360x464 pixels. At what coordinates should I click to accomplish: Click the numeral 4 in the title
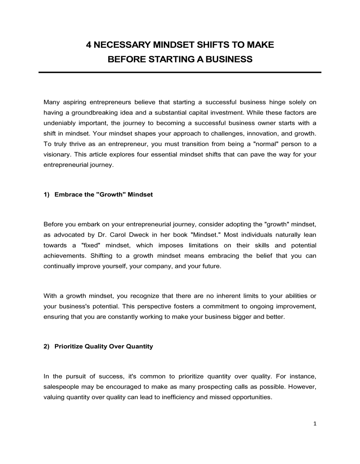point(89,45)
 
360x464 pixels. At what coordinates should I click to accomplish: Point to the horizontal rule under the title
point(180,73)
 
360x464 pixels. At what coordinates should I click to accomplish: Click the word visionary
point(56,155)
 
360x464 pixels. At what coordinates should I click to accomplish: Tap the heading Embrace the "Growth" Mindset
point(104,195)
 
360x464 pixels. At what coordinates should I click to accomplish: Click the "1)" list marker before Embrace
point(46,195)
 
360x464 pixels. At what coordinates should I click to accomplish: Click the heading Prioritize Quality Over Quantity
point(104,346)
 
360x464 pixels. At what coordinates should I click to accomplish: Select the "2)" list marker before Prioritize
point(46,346)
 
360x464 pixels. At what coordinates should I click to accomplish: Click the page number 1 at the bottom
point(315,424)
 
